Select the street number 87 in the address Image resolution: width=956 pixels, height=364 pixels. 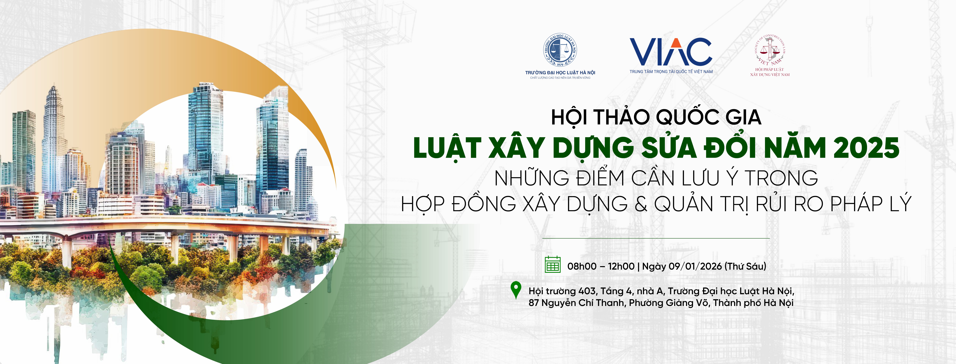coord(534,303)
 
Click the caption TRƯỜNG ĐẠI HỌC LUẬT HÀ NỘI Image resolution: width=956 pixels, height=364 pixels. coord(560,72)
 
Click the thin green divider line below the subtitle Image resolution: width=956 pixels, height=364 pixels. coord(656,238)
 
